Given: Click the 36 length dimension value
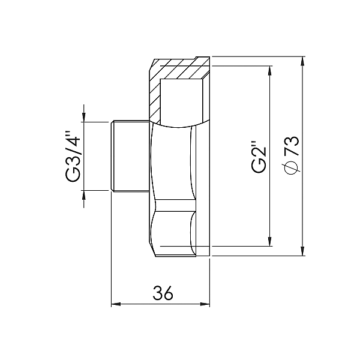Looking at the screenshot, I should pos(162,293).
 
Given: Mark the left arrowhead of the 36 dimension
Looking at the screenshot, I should pos(115,304).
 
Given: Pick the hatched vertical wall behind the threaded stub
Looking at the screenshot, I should pos(155,96).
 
